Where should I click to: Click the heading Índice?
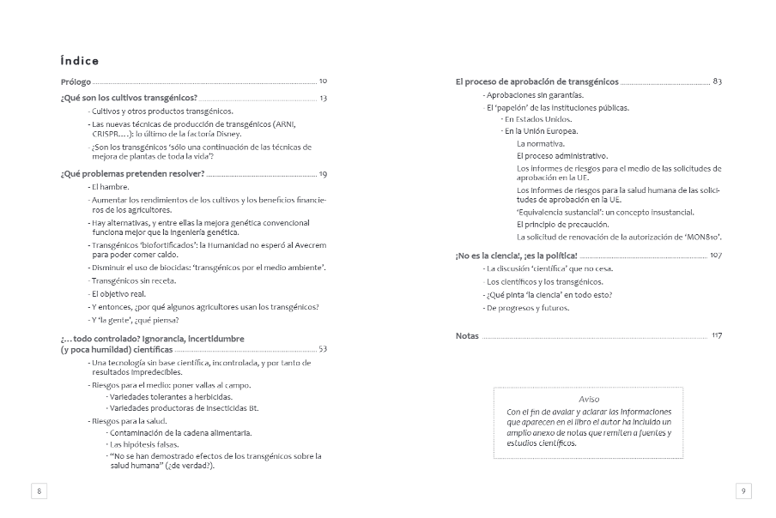click(80, 61)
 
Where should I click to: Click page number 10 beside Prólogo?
click(323, 81)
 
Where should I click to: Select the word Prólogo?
click(76, 81)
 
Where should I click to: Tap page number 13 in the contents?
click(323, 98)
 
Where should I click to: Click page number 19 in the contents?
click(323, 174)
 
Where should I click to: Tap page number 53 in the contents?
click(323, 349)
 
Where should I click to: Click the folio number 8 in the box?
click(39, 491)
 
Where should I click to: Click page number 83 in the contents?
click(717, 81)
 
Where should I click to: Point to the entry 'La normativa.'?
click(541, 143)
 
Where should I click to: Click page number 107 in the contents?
click(716, 256)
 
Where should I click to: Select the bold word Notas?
click(467, 336)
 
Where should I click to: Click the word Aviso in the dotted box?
click(589, 399)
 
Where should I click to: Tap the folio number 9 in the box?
click(743, 491)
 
